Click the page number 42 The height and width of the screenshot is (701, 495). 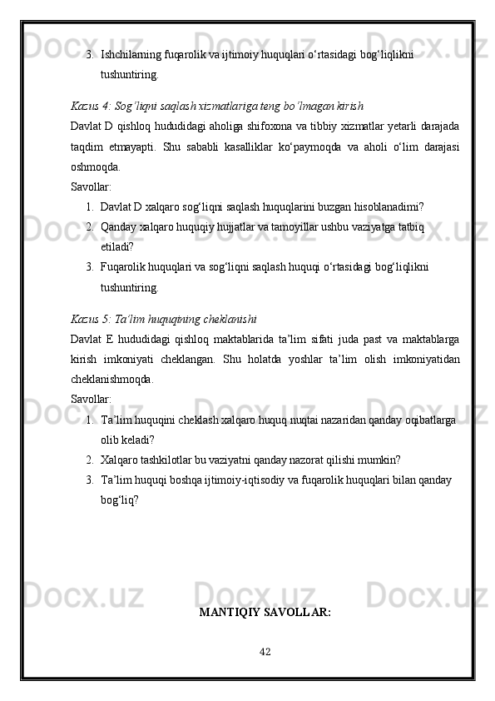(265, 650)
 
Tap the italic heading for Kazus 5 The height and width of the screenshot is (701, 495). (164, 319)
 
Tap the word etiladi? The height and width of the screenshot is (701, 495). (116, 246)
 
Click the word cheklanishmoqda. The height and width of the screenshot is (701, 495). (111, 378)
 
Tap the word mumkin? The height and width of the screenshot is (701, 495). (378, 460)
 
